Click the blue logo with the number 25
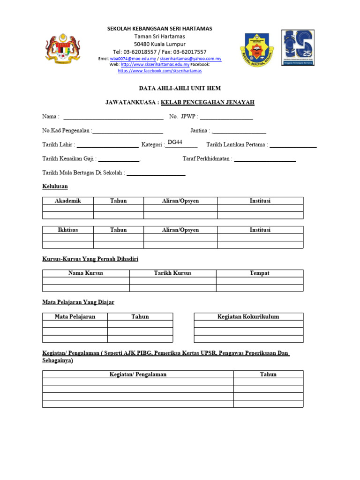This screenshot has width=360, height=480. pyautogui.click(x=298, y=48)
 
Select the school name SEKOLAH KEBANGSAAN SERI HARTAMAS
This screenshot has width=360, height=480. pyautogui.click(x=160, y=29)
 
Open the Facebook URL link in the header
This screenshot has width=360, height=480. pyautogui.click(x=160, y=71)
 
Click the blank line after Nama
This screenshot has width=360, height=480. pyautogui.click(x=113, y=117)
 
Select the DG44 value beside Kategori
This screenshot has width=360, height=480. pyautogui.click(x=175, y=142)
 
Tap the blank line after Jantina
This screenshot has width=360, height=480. pyautogui.click(x=239, y=131)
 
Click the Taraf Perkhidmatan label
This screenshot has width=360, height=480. pyautogui.click(x=207, y=159)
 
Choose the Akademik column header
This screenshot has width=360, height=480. pyautogui.click(x=68, y=201)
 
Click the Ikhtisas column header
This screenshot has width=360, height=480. pyautogui.click(x=68, y=230)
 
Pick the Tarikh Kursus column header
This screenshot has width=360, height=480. pyautogui.click(x=172, y=273)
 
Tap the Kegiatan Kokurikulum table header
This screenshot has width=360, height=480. pyautogui.click(x=248, y=317)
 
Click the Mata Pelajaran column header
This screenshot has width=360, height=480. pyautogui.click(x=75, y=317)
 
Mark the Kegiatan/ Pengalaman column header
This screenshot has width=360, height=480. pyautogui.click(x=138, y=375)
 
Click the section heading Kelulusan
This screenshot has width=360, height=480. pyautogui.click(x=55, y=187)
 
